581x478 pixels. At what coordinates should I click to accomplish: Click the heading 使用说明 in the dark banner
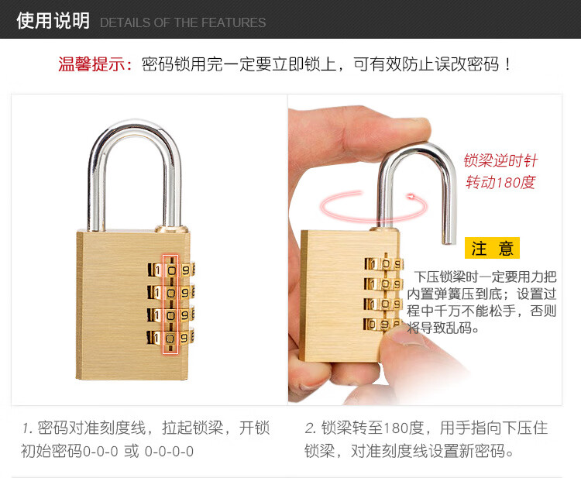click(x=53, y=21)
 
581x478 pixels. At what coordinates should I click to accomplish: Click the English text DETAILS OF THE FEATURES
click(x=183, y=22)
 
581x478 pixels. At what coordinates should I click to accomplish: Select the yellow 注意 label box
click(x=492, y=248)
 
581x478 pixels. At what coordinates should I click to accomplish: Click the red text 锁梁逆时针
click(x=500, y=161)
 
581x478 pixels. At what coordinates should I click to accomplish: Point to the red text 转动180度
click(x=500, y=182)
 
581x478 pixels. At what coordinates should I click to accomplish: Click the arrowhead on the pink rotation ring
click(x=411, y=197)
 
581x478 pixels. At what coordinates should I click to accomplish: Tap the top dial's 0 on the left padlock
click(x=171, y=270)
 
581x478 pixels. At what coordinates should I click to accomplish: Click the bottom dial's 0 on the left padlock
click(x=170, y=339)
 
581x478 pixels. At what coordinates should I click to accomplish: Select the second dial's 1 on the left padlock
click(x=157, y=293)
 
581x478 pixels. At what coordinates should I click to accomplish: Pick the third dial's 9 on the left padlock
click(x=184, y=315)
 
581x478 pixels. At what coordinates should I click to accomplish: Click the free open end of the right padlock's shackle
click(x=449, y=241)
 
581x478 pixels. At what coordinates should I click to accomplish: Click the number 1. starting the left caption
click(x=27, y=428)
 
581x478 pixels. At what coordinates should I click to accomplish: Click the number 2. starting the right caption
click(x=311, y=428)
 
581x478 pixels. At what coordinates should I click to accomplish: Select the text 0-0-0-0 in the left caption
click(x=169, y=452)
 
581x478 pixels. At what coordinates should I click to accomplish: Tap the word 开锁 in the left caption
click(x=254, y=428)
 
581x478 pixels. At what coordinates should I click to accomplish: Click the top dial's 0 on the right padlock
click(x=386, y=264)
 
